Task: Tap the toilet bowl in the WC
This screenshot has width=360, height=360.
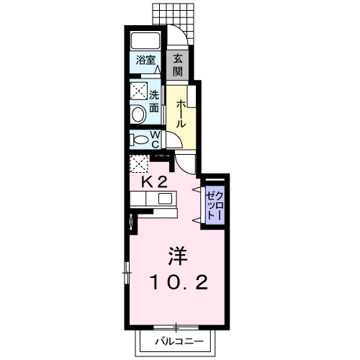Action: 140,138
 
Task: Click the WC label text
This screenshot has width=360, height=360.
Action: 156,138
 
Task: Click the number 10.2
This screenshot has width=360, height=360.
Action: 179,283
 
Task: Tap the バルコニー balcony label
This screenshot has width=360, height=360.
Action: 174,341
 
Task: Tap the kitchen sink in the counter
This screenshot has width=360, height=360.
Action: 164,199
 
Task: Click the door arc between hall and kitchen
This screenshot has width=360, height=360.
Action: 185,165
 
